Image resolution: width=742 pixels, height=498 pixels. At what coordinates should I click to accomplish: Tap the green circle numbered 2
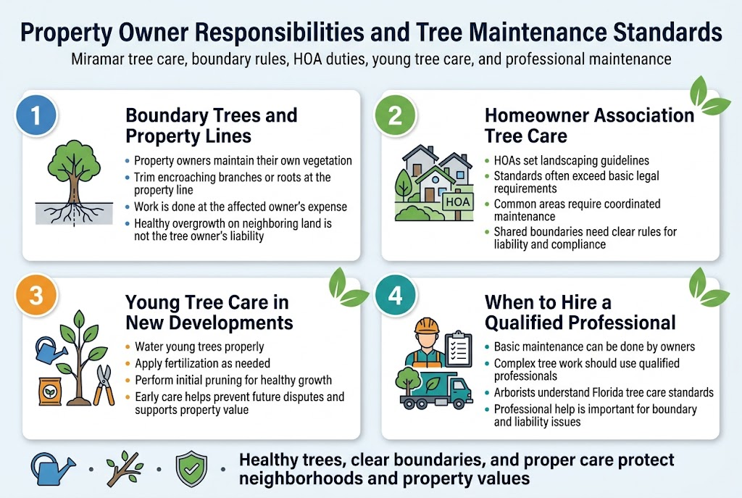click(x=396, y=116)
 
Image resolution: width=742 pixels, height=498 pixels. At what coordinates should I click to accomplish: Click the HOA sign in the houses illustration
click(x=457, y=202)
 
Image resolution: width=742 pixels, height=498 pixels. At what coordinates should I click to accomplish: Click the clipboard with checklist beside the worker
click(x=457, y=350)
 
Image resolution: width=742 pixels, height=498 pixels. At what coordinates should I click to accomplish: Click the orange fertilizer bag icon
click(x=50, y=390)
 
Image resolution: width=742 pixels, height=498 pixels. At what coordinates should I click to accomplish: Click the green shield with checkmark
click(x=191, y=469)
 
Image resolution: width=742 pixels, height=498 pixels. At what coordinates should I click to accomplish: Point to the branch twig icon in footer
click(x=124, y=469)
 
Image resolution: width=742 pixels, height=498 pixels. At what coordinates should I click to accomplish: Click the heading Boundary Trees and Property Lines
click(x=210, y=125)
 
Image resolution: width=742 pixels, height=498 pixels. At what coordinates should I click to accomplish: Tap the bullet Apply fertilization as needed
click(x=202, y=363)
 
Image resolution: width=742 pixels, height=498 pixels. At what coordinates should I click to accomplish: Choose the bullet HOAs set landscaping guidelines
click(x=571, y=161)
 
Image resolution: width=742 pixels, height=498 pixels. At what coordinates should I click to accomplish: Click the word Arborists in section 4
click(x=517, y=392)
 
